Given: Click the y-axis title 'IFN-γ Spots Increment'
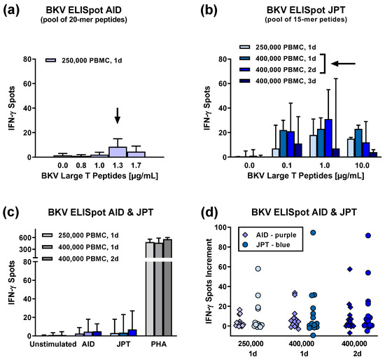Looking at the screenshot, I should tap(203, 277).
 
